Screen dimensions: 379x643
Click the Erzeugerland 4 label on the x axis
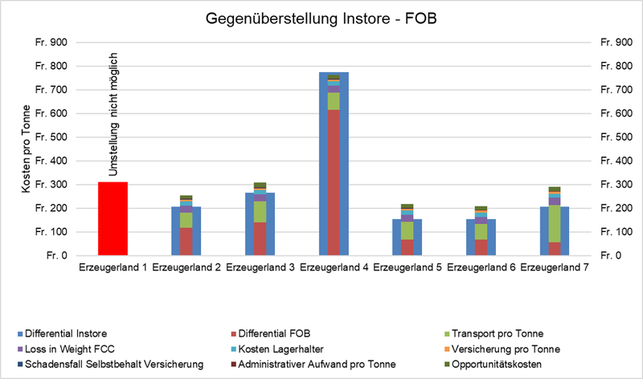(333, 267)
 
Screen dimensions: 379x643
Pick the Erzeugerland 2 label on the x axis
(186, 267)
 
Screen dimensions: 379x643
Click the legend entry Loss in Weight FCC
(65, 348)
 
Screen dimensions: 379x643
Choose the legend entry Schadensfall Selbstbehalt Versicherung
(108, 364)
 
